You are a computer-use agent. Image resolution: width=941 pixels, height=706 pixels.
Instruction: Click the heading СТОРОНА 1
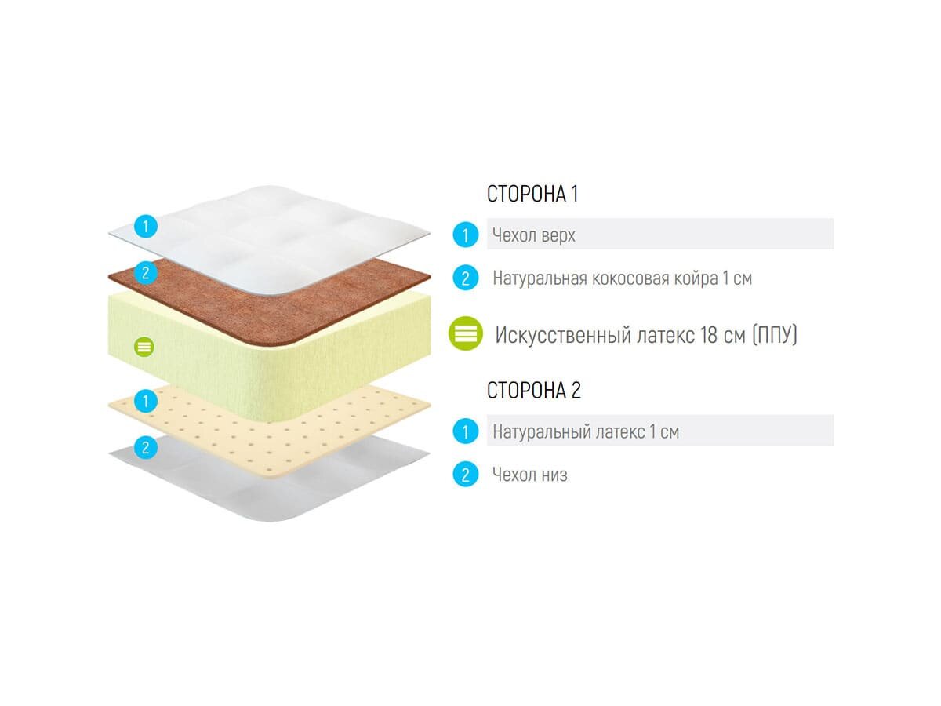532,195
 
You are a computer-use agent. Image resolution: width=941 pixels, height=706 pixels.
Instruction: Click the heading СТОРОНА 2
534,391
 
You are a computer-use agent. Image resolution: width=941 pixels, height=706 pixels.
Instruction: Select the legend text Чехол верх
534,235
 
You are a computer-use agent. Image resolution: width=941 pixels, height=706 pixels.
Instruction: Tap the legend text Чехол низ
530,475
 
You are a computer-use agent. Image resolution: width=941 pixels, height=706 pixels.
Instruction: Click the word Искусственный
563,336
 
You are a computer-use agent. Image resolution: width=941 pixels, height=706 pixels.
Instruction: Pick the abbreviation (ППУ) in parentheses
774,336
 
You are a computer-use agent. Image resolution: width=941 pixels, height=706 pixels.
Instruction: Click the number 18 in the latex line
708,336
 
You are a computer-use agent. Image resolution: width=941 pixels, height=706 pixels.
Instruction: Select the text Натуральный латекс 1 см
586,431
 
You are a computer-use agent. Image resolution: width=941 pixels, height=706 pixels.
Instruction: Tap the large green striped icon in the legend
466,334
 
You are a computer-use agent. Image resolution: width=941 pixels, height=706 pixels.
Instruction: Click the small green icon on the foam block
144,346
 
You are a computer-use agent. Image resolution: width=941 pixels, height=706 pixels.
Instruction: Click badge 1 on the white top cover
145,227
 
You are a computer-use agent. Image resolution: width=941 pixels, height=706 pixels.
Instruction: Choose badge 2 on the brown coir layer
145,273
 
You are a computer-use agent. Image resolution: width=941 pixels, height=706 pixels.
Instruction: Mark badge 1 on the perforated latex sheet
145,402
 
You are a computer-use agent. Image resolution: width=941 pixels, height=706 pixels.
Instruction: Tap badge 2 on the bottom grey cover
145,448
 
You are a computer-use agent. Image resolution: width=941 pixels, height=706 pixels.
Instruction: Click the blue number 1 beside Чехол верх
466,235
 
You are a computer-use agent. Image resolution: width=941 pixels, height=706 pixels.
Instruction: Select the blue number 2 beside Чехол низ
466,475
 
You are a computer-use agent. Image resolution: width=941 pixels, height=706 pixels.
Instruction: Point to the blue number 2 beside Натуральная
466,278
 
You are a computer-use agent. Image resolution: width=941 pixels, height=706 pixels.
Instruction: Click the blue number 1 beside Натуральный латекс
466,431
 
